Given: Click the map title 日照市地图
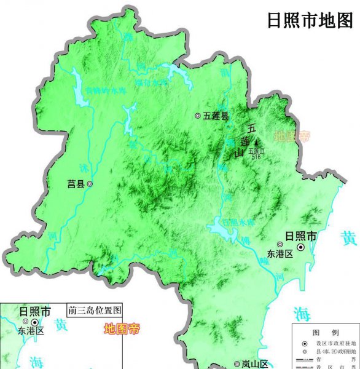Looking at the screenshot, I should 310,20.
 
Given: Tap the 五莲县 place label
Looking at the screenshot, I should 216,115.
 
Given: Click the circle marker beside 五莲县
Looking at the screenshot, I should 197,115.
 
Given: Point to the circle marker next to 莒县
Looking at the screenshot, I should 90,184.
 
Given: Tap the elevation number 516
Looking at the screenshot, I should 256,156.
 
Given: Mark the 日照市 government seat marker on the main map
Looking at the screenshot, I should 301,247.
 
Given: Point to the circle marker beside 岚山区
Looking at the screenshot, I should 237,364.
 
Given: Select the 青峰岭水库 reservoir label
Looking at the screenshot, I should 104,89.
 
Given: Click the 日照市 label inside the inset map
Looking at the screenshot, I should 35,312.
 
